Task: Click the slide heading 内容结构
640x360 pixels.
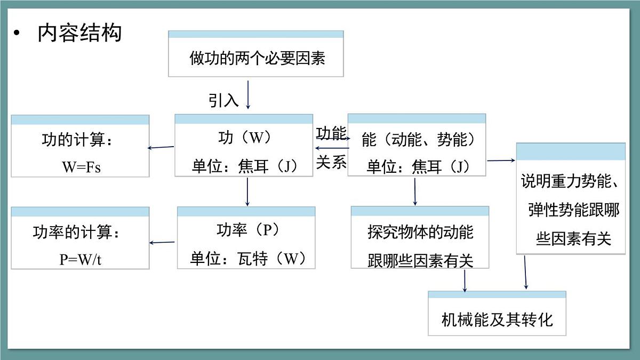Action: pos(79,33)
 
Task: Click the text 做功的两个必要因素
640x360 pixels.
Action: pos(257,58)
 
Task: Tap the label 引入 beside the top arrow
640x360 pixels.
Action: pos(223,99)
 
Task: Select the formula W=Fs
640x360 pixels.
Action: pos(81,167)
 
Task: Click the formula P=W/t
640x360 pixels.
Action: pos(81,259)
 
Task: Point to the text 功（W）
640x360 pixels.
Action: pos(245,138)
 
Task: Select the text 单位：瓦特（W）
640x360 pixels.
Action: pos(248,259)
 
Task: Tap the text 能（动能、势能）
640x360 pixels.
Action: pos(418,140)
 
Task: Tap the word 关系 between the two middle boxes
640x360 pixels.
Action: pos(331,162)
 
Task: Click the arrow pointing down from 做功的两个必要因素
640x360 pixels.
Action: pos(248,94)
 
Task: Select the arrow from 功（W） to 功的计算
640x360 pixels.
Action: pos(161,147)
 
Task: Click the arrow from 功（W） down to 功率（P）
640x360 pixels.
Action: pos(247,191)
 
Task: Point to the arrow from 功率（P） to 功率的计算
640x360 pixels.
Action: pos(163,243)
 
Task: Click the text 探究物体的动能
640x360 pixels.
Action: pos(420,233)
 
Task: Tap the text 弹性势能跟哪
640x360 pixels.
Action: pos(574,210)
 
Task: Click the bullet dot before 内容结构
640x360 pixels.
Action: pos(17,34)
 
